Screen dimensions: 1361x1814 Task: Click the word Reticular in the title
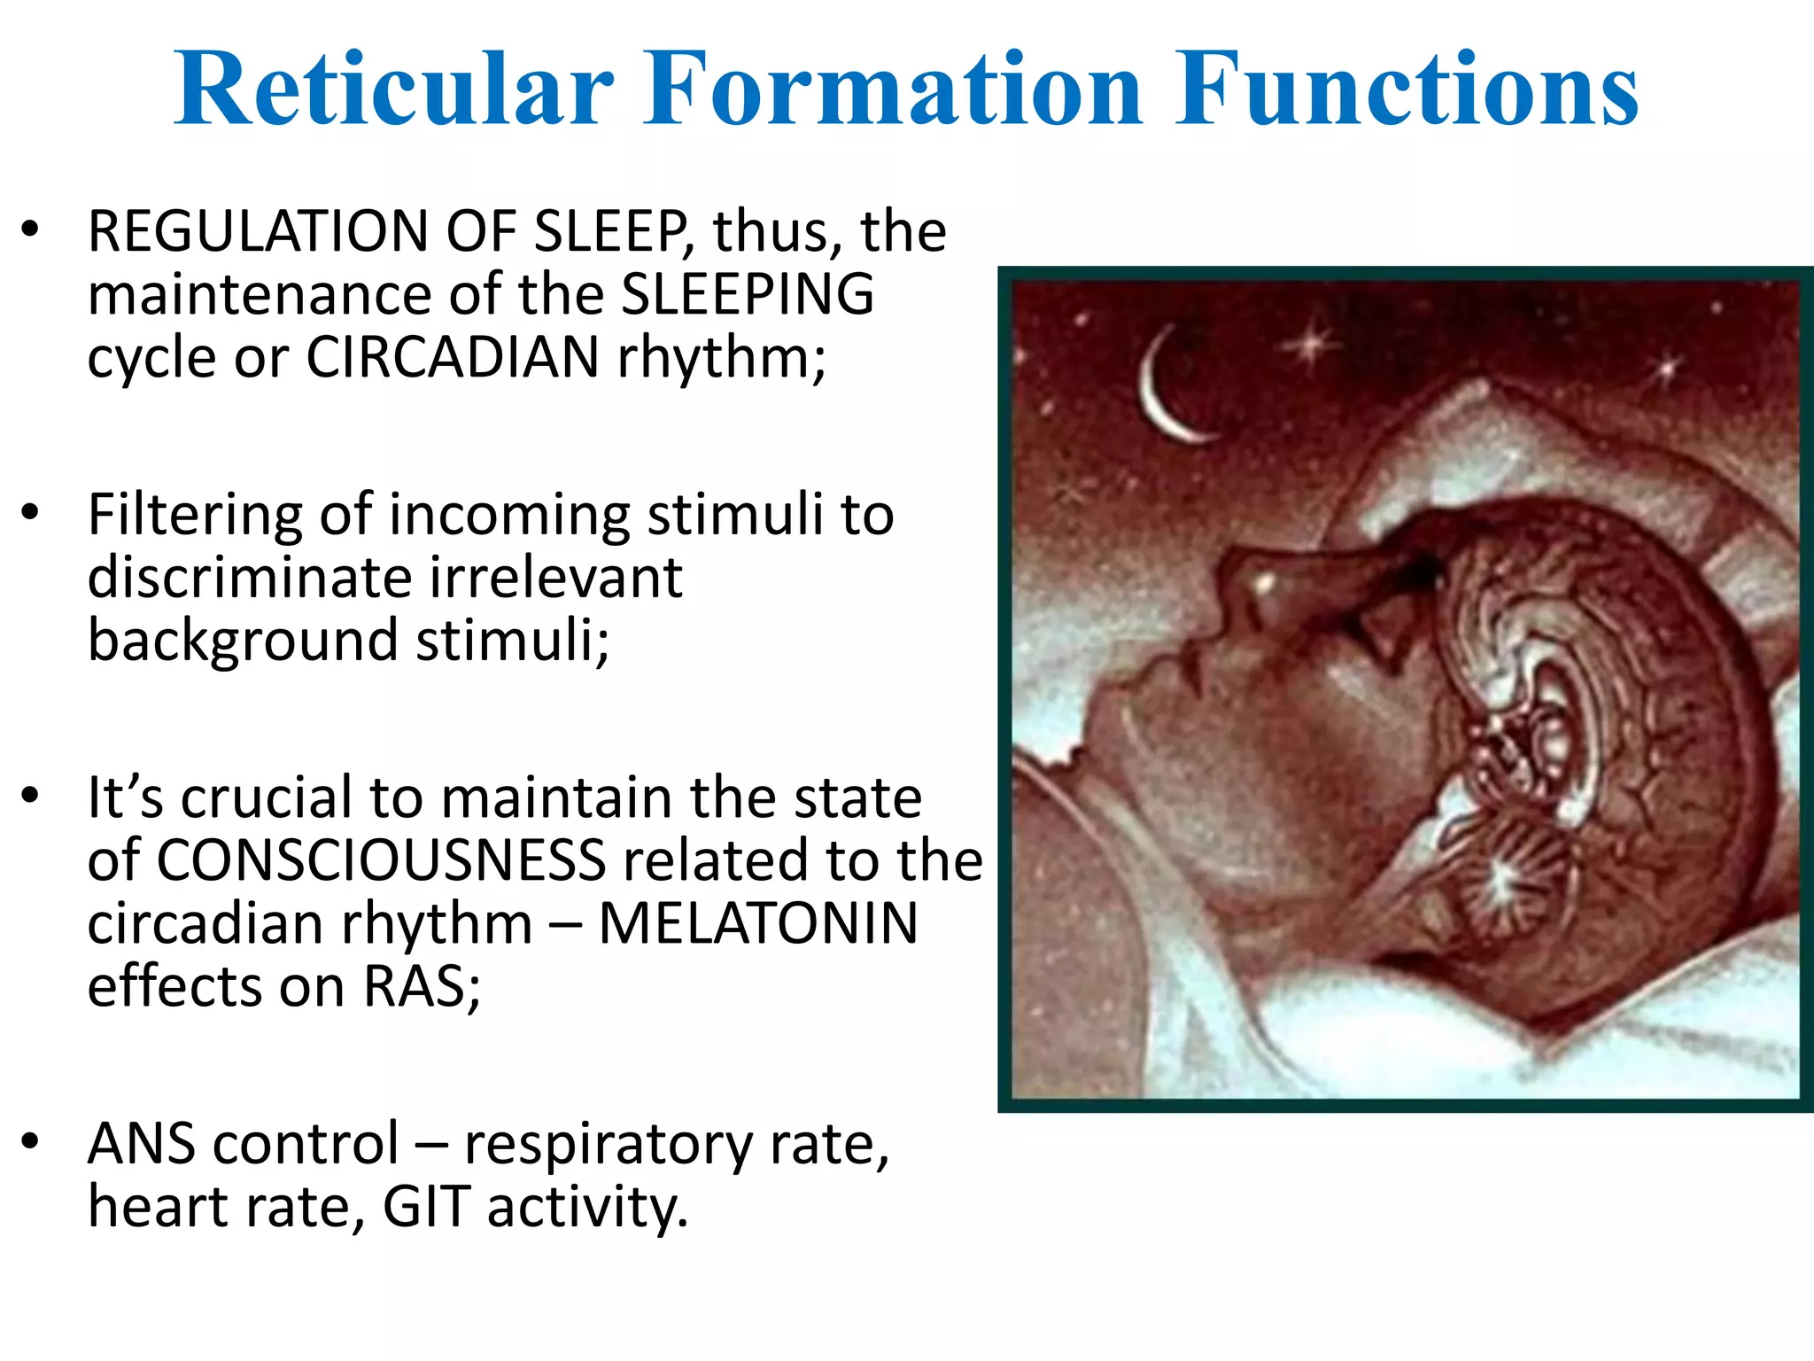393,89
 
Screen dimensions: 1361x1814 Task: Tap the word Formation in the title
892,89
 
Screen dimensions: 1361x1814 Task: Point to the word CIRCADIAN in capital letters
453,358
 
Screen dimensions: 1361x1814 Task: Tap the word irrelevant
556,578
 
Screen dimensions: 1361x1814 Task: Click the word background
243,641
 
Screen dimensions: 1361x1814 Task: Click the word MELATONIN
758,924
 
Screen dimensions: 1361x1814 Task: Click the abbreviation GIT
425,1208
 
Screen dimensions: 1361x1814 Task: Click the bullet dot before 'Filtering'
31,513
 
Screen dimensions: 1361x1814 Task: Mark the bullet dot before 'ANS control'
31,1142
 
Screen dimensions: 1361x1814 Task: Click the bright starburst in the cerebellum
1500,879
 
